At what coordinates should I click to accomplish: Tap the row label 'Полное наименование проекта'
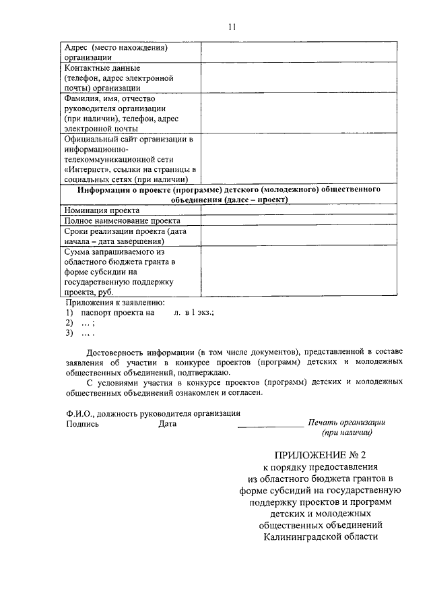coord(122,220)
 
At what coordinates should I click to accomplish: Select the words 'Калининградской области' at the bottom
coord(320,537)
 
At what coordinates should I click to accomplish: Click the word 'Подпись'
coord(82,424)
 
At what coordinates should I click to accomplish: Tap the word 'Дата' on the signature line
coord(167,424)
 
